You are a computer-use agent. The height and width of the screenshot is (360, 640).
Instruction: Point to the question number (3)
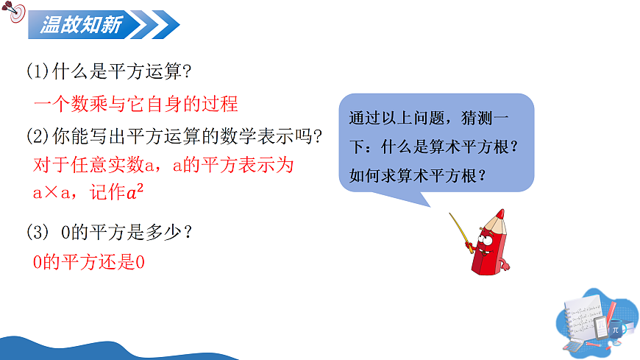(x=38, y=232)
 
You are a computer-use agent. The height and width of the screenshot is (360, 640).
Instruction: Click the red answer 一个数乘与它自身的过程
(x=136, y=104)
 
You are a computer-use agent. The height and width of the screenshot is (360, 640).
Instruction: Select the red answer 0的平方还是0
(x=88, y=261)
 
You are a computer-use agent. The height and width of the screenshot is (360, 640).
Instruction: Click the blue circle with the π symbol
(x=615, y=331)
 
